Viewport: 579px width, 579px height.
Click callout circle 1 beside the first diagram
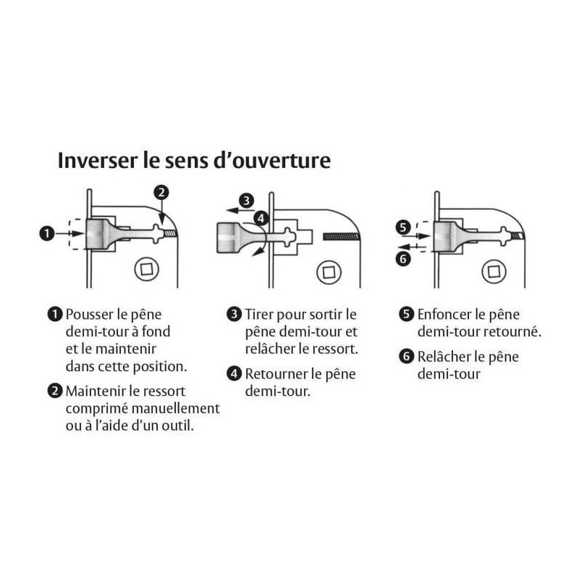click(x=47, y=233)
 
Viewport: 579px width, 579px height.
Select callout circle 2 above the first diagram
click(x=161, y=193)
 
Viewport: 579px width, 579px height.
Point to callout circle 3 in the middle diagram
click(x=246, y=201)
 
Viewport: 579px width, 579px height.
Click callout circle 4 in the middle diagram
click(x=261, y=218)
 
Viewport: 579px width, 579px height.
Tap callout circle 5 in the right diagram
click(x=403, y=227)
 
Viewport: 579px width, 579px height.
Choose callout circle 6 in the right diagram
click(x=403, y=258)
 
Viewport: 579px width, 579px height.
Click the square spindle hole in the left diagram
click(x=147, y=269)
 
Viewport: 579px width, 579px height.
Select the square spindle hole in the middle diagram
click(x=329, y=273)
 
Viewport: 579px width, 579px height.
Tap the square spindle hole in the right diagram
click(x=494, y=272)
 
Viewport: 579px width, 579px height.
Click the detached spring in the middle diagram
click(x=341, y=237)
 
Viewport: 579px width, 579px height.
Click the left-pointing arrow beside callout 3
click(x=240, y=211)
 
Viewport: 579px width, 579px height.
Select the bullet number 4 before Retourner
click(x=234, y=373)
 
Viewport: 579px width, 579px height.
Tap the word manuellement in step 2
click(x=176, y=408)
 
